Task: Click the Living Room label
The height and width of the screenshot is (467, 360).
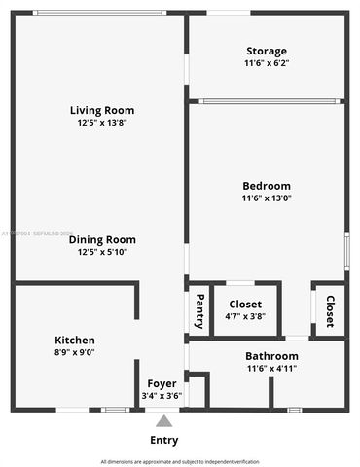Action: [x=102, y=110]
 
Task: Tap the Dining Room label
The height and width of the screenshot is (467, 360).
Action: [x=102, y=239]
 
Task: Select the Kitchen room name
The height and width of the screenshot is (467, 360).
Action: [x=74, y=340]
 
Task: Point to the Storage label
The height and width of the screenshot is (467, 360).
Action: [x=267, y=51]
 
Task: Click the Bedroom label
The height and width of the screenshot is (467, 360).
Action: [x=267, y=186]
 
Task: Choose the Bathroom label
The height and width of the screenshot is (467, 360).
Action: [x=271, y=356]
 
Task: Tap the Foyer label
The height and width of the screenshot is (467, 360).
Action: [x=162, y=384]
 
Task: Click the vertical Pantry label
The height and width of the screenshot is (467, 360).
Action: [x=199, y=310]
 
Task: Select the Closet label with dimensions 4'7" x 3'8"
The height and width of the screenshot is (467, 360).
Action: [x=245, y=304]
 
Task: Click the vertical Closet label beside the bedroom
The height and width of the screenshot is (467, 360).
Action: [x=330, y=310]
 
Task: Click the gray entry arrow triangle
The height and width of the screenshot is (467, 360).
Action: [x=164, y=421]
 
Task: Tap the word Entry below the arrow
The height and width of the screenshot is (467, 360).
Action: [x=164, y=440]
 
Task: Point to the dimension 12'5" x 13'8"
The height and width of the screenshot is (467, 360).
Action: [x=102, y=124]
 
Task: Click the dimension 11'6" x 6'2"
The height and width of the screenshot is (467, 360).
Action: [x=267, y=63]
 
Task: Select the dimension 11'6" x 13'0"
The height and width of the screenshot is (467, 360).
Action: [x=267, y=198]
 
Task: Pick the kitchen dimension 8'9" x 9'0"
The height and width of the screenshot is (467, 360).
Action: [x=74, y=353]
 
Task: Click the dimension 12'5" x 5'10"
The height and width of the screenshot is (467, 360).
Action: [x=102, y=252]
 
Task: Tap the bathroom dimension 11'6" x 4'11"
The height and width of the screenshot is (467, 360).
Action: [x=271, y=369]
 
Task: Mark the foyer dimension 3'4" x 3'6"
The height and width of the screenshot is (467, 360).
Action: [x=162, y=396]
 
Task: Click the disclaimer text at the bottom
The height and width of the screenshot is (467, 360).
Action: [x=180, y=461]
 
